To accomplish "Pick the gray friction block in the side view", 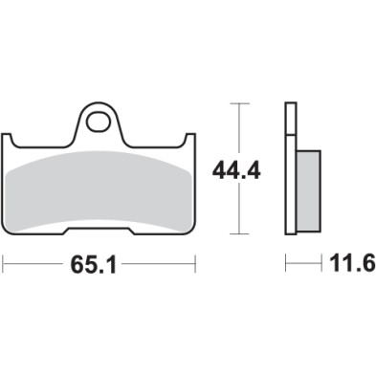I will coord(305,189).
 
